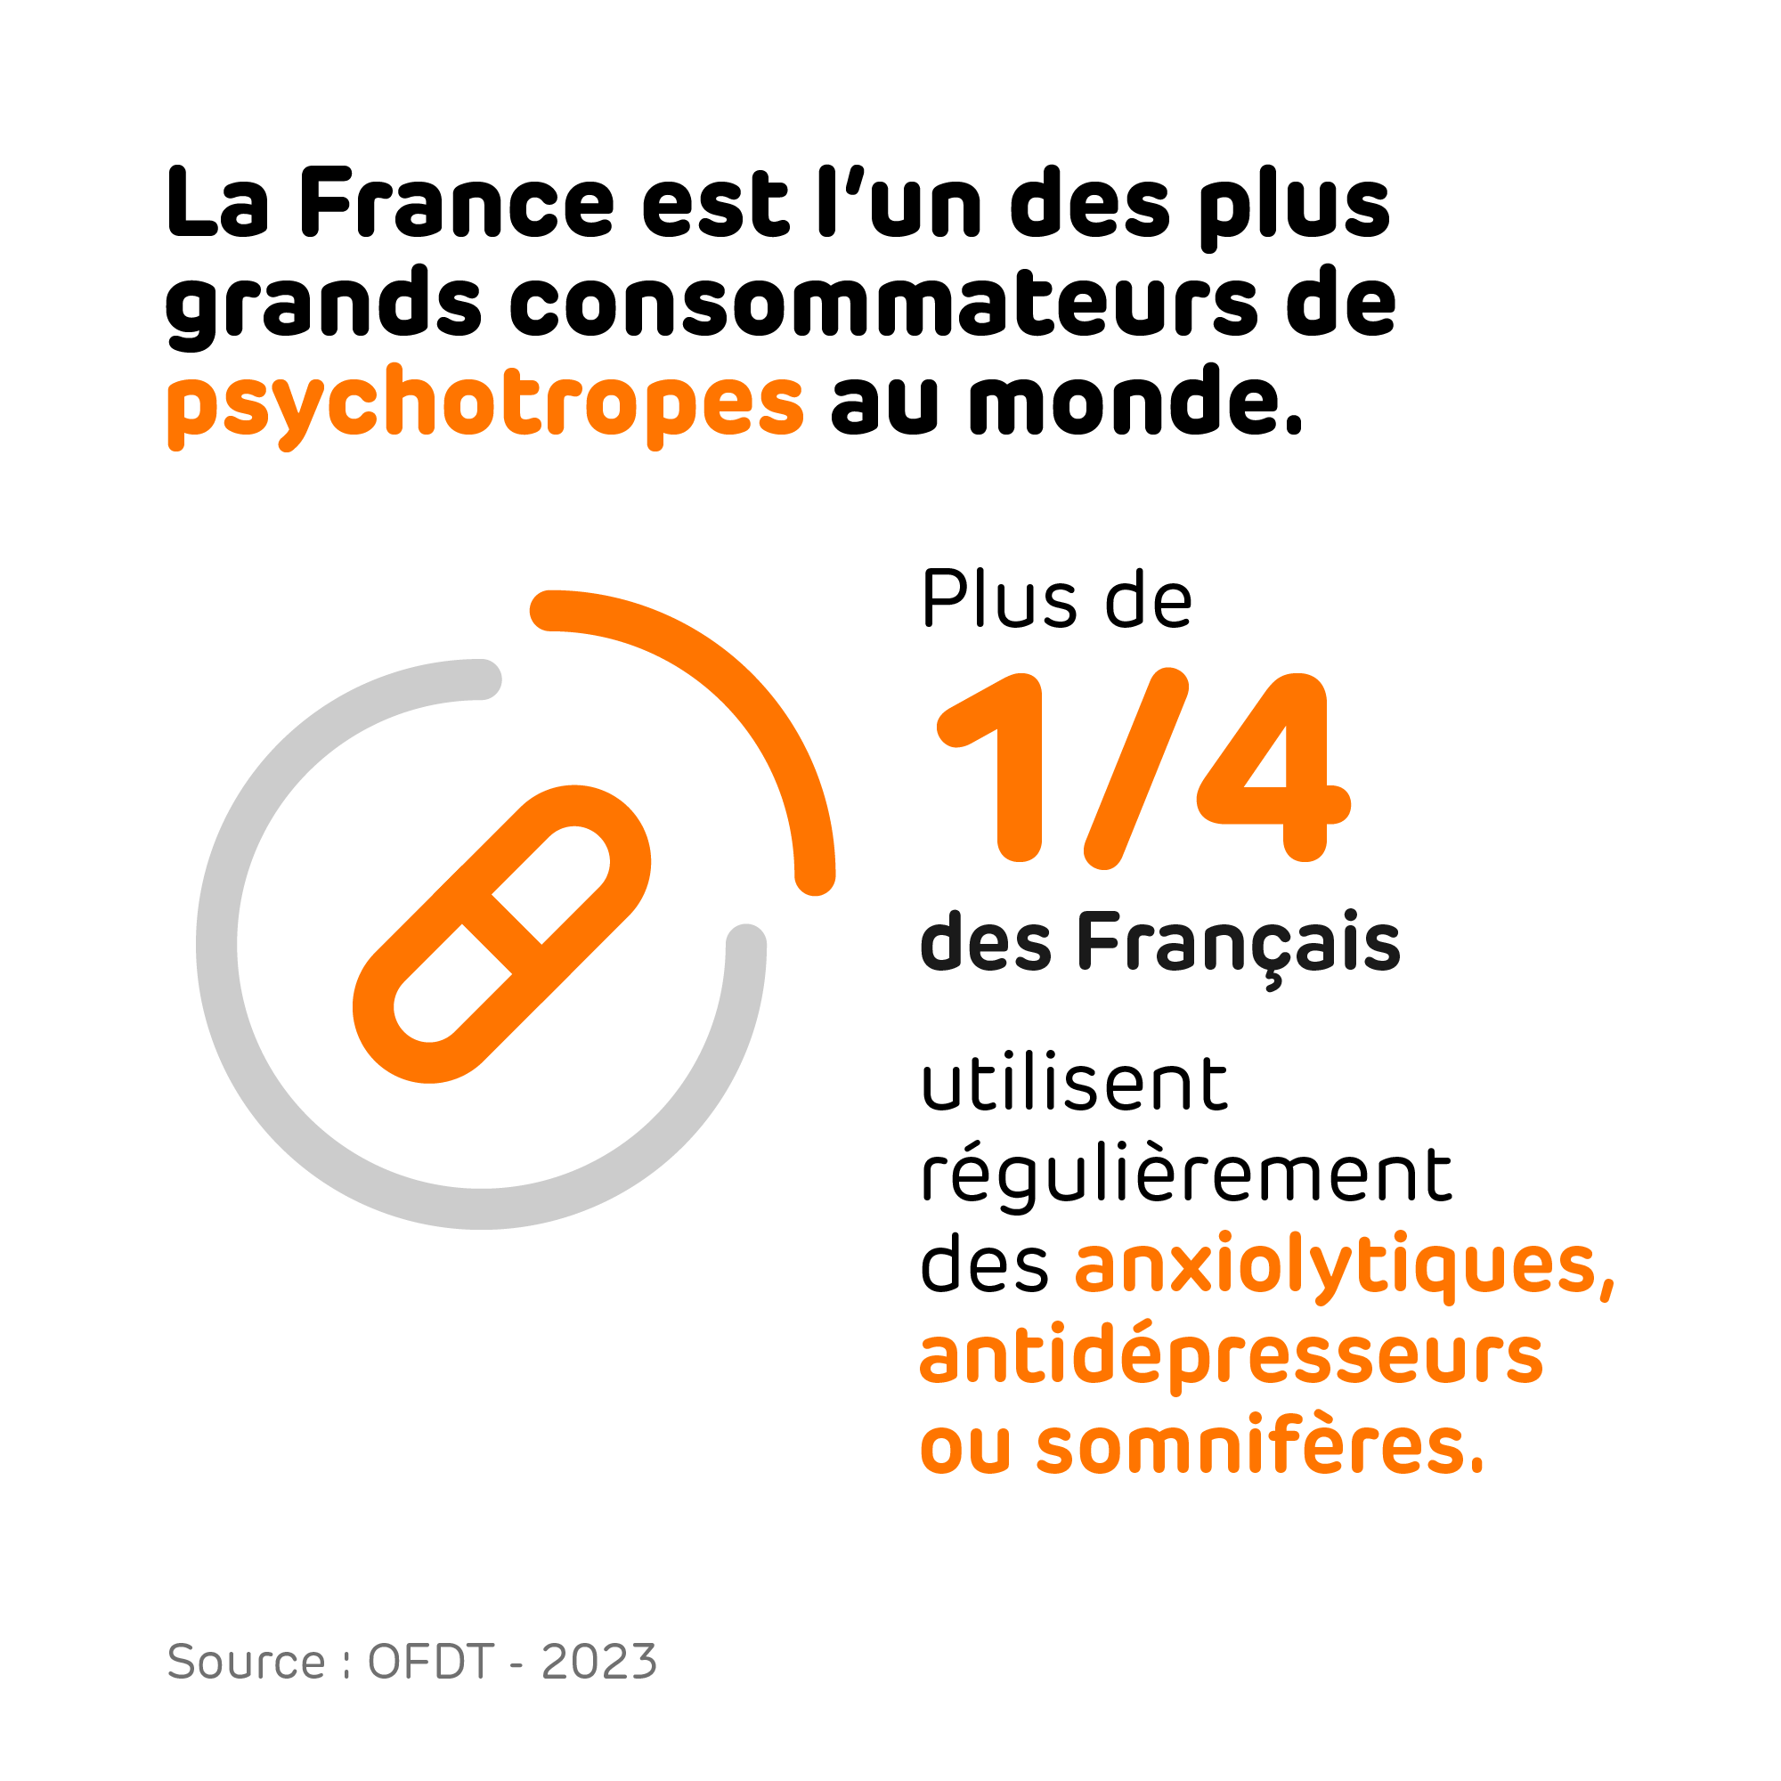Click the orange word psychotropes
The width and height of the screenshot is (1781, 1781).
(485, 403)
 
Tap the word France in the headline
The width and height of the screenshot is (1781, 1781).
(456, 203)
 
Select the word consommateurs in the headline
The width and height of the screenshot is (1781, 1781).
(882, 304)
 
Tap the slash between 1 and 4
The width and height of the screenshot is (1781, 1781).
(1135, 767)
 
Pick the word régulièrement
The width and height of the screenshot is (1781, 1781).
(1186, 1177)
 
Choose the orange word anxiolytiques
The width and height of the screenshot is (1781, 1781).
(1344, 1265)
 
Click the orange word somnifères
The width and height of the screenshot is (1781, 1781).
(1260, 1446)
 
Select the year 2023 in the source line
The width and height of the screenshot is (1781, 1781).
(599, 1662)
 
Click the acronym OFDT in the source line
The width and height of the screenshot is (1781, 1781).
(430, 1662)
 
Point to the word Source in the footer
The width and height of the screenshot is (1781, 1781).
(246, 1662)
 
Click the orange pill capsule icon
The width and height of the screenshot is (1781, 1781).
(502, 934)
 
